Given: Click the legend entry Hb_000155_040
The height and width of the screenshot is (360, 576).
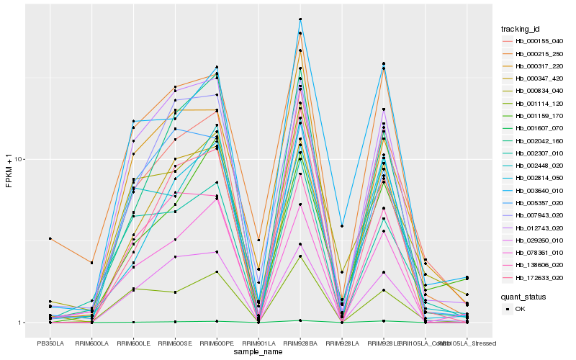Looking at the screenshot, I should coord(534,41).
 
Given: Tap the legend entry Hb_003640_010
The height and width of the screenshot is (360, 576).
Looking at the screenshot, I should coord(534,191).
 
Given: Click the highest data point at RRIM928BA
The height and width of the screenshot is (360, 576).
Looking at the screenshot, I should coord(300,19).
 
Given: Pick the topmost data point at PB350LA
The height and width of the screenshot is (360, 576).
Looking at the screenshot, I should coord(50,238).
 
